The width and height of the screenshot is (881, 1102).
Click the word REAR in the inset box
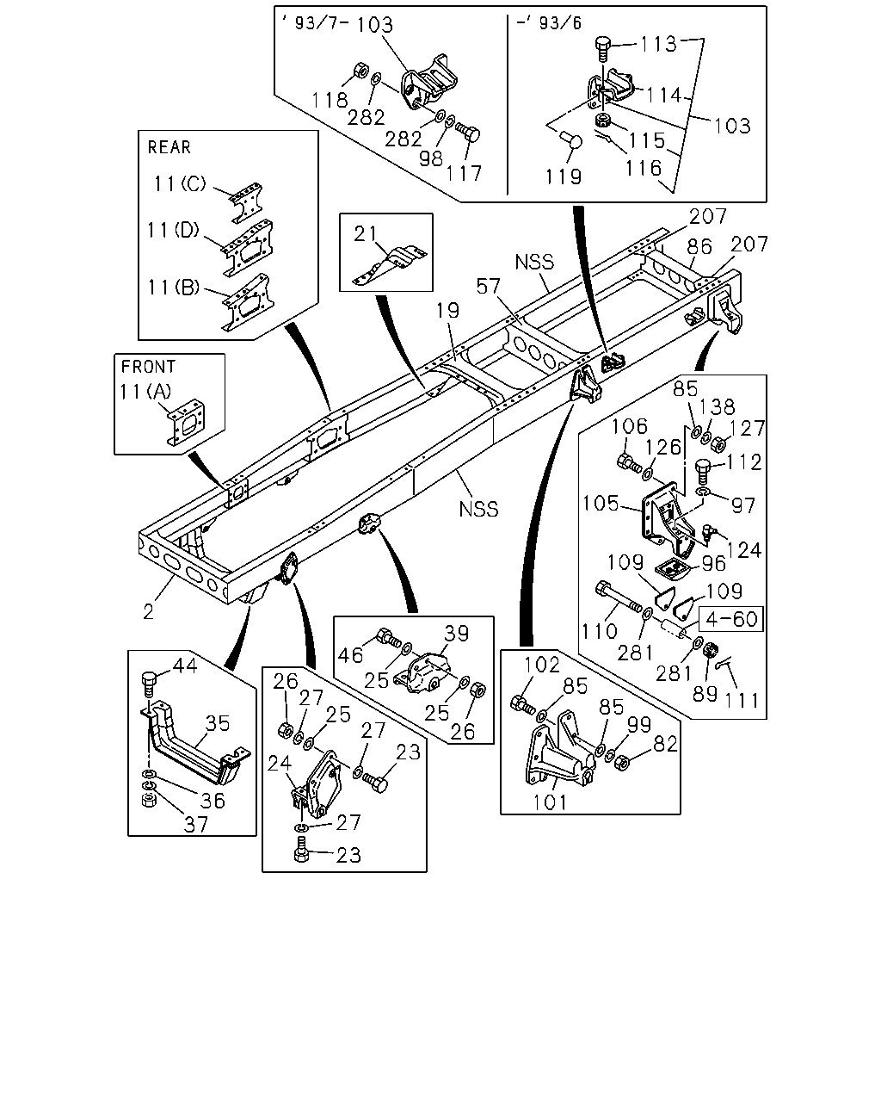(x=169, y=147)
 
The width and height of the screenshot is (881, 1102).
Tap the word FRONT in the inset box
(x=148, y=367)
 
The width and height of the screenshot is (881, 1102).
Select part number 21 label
(x=366, y=233)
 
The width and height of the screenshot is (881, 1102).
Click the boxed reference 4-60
(x=731, y=619)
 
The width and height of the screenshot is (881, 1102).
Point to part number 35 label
(x=218, y=723)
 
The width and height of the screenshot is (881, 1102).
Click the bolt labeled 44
(x=149, y=684)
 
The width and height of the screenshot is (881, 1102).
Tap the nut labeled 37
(x=149, y=800)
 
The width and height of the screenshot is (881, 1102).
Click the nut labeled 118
(x=360, y=70)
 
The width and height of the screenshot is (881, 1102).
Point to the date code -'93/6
(x=549, y=23)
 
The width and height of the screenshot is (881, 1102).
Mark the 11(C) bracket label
(x=179, y=183)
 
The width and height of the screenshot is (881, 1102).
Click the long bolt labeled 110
(x=618, y=597)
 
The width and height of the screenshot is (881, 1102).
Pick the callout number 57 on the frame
(x=488, y=286)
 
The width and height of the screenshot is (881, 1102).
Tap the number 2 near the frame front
(x=148, y=612)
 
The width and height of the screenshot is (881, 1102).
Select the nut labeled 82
(x=622, y=764)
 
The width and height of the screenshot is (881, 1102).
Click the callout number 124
(x=744, y=550)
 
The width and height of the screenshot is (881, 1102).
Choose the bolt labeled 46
(x=389, y=638)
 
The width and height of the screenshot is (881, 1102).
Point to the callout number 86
(x=699, y=247)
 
